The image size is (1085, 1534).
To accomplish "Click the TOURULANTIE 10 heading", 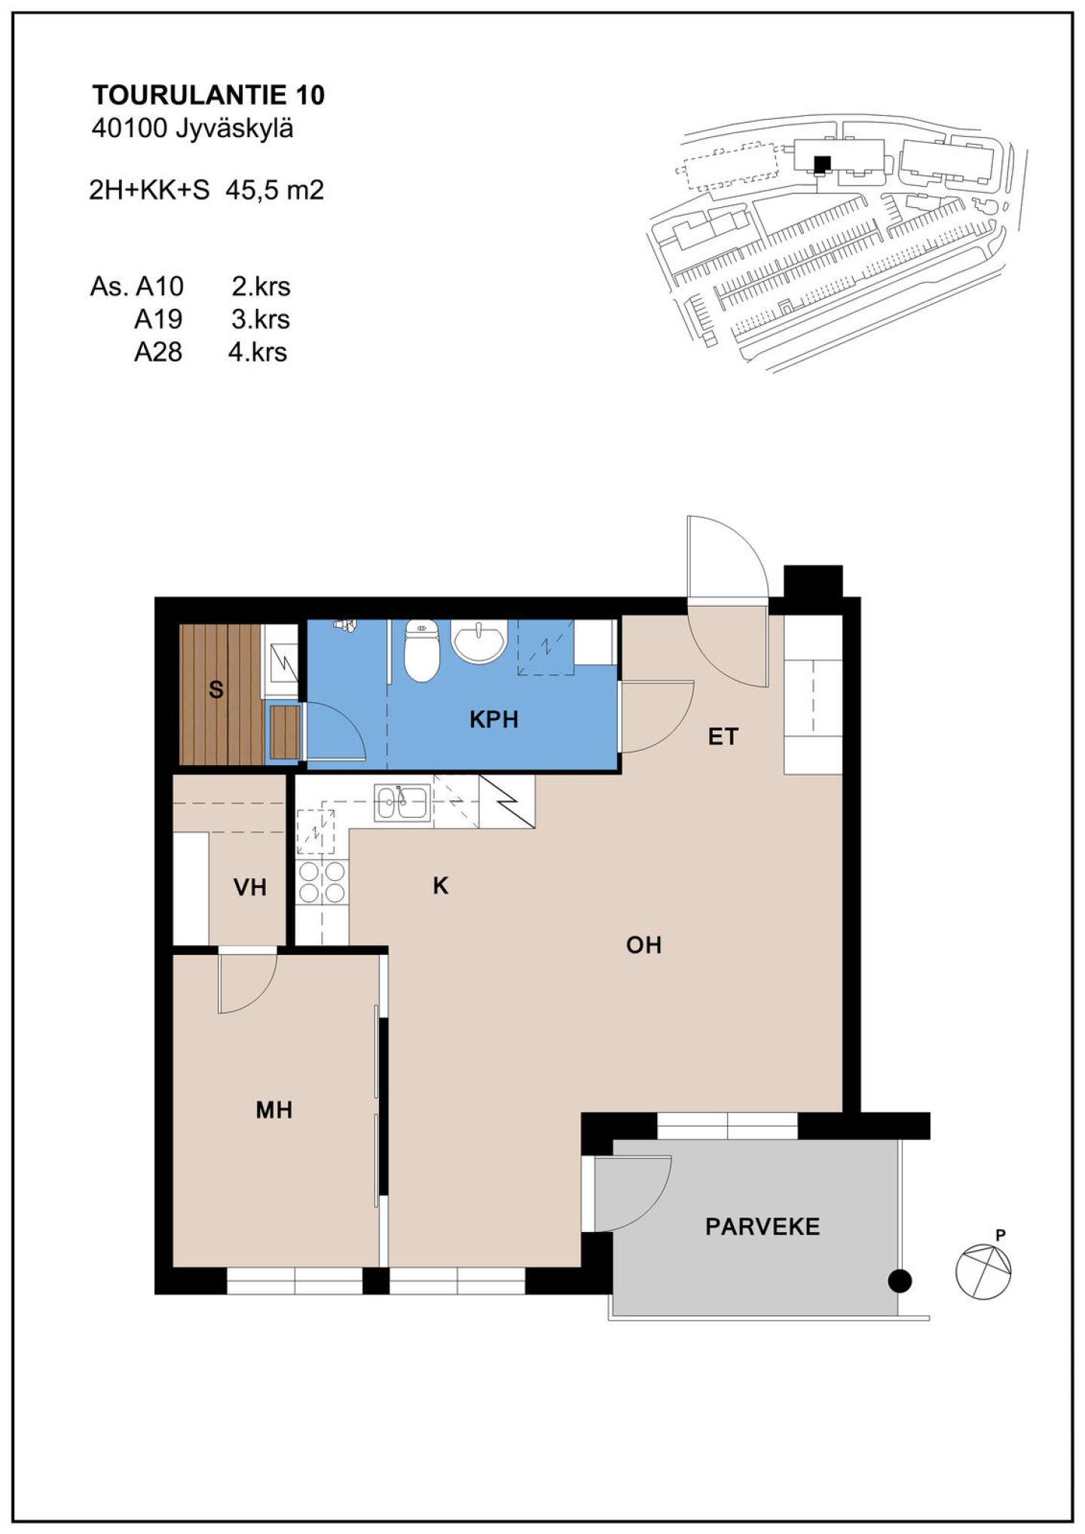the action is pyautogui.click(x=209, y=95).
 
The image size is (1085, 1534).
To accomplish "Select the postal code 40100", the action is pyautogui.click(x=128, y=129).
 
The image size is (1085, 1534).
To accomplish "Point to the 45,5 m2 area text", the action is pyautogui.click(x=275, y=190).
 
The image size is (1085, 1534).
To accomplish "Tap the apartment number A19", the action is pyautogui.click(x=158, y=319).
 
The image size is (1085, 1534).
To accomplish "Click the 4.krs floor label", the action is pyautogui.click(x=258, y=352).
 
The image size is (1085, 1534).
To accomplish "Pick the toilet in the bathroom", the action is pyautogui.click(x=421, y=650).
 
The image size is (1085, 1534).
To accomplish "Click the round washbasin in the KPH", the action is pyautogui.click(x=478, y=641).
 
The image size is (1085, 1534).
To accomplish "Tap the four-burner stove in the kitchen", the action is pyautogui.click(x=322, y=882).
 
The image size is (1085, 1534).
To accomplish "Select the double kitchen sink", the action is pyautogui.click(x=402, y=803).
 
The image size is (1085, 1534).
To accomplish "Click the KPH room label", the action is pyautogui.click(x=494, y=720).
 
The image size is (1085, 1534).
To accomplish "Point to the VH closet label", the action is pyautogui.click(x=250, y=888).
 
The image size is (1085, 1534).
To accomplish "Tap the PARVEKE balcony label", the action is pyautogui.click(x=763, y=1227).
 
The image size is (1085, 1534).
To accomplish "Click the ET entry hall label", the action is pyautogui.click(x=723, y=737).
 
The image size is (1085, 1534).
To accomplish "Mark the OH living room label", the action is pyautogui.click(x=643, y=944).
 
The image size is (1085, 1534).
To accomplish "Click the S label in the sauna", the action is pyautogui.click(x=216, y=689).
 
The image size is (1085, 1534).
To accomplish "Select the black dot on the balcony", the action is pyautogui.click(x=900, y=1280).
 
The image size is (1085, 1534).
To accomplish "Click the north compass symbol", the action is pyautogui.click(x=984, y=1270).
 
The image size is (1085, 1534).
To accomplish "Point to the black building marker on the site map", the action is pyautogui.click(x=822, y=163).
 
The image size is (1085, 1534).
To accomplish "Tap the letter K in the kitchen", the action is pyautogui.click(x=441, y=886).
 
